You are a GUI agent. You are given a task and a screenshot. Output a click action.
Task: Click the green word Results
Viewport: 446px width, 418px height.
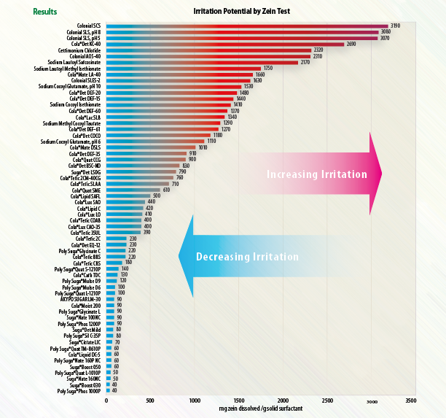coord(46,12)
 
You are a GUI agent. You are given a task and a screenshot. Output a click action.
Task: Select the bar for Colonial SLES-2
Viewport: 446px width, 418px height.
coord(179,80)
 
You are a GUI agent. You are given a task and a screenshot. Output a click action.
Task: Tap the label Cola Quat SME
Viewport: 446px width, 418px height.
coord(85,190)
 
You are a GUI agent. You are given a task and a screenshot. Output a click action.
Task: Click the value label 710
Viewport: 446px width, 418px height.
coord(176,184)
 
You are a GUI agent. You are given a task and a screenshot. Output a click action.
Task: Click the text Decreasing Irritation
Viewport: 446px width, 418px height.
coord(247,257)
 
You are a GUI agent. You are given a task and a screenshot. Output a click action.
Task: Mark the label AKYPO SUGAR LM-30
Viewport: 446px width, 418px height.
coord(77,299)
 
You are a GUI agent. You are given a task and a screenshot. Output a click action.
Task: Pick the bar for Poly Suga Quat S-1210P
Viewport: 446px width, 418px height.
coord(112,268)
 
